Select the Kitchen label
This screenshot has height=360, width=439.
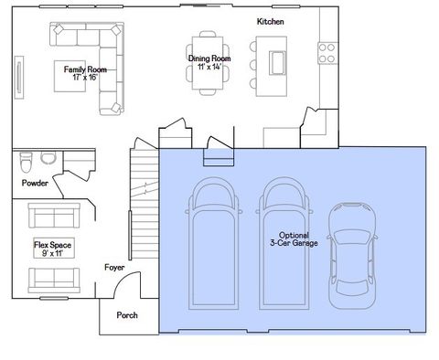[x=270, y=20]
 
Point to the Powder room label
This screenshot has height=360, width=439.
[x=35, y=183]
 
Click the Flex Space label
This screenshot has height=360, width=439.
[x=55, y=246]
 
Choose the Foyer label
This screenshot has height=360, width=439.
[x=114, y=268]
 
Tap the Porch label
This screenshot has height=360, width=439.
[x=127, y=315]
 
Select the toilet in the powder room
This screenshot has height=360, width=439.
[x=26, y=163]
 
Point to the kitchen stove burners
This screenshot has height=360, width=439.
[x=327, y=53]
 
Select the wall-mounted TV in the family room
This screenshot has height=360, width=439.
[x=18, y=75]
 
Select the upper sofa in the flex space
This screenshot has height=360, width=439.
[x=54, y=216]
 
